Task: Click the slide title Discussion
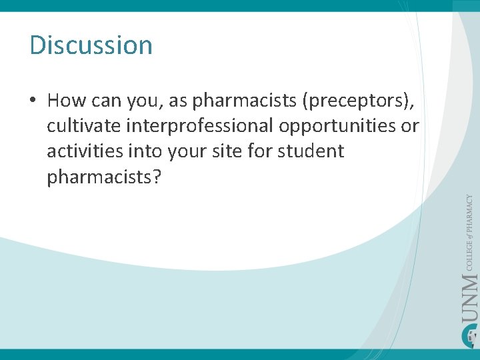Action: click(x=91, y=45)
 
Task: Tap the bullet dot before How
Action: click(x=33, y=101)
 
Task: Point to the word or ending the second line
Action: click(x=411, y=126)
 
